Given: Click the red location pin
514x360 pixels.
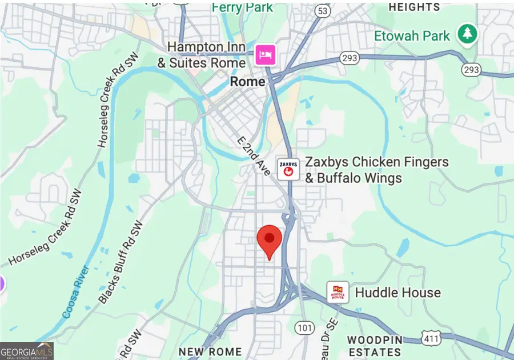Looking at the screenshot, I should point(270,239).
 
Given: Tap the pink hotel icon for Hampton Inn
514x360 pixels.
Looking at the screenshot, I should point(266,55).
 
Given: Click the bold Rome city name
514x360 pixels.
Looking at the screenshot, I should point(247,82).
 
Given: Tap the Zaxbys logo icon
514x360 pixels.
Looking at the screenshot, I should point(288,169).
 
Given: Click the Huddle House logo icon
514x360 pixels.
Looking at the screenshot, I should point(338,293).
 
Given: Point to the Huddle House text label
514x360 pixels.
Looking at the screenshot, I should point(397,293).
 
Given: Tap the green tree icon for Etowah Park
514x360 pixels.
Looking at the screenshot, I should point(468,34).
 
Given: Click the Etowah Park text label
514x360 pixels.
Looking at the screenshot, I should point(412,36).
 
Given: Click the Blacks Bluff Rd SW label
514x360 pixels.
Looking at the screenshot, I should point(121,263).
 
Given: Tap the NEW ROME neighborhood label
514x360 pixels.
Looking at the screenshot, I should point(210,351).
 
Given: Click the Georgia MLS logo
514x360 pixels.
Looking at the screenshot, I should point(27,351).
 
